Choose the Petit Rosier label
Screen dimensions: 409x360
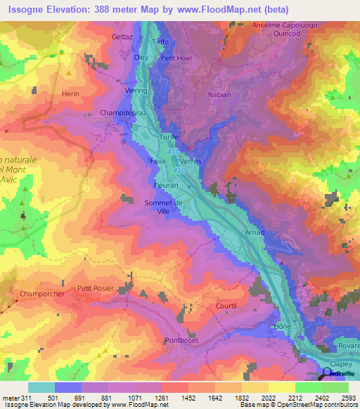tap(95, 288)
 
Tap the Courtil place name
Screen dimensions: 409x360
tap(226, 306)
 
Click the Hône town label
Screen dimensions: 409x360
tap(283, 327)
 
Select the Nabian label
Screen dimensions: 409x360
tap(219, 94)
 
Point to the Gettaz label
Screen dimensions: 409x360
tap(122, 37)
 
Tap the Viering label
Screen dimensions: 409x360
tap(136, 91)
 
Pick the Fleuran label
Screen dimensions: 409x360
tap(167, 185)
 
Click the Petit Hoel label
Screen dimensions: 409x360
tap(176, 58)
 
